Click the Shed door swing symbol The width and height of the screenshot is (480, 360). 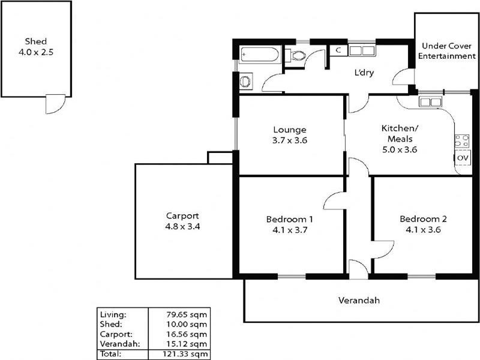coord(53,104)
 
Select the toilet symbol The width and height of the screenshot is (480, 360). coord(296,56)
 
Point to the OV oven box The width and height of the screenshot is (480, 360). coord(462,157)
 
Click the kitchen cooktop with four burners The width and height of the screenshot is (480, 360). coord(462,142)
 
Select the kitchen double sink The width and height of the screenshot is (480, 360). coord(430,101)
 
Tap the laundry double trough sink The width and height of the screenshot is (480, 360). coord(362,50)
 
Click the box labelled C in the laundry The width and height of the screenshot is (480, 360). coord(338,50)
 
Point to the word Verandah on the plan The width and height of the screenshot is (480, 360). coord(359,300)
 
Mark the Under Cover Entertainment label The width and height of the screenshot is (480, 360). coord(446,51)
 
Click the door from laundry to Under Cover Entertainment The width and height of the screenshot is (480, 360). coord(402,78)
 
